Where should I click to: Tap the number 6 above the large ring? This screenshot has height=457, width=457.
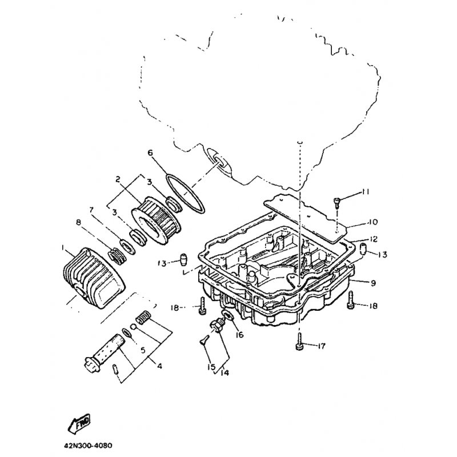(x=150, y=153)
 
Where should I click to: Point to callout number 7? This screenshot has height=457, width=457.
(x=91, y=210)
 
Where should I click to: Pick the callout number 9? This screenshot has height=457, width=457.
(x=372, y=282)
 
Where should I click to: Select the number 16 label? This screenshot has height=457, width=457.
(x=239, y=335)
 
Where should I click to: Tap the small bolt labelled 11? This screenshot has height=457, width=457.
(x=337, y=200)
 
